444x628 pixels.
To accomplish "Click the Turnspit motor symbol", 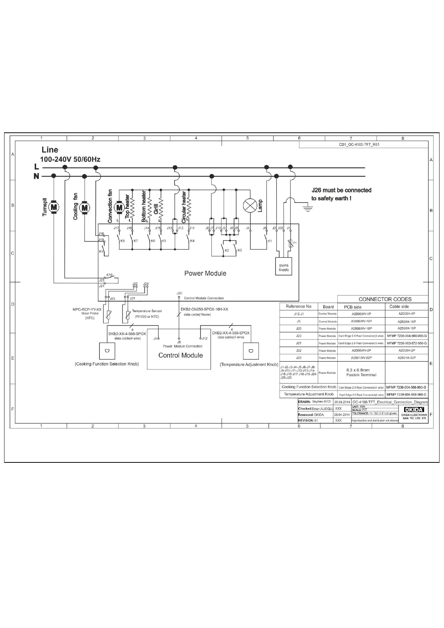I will pos(54,207).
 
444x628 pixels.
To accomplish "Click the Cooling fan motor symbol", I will pos(85,207).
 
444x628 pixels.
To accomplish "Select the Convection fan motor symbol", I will pos(119,207).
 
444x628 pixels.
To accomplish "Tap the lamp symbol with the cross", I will pos(249,205).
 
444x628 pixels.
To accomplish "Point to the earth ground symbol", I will pos(308,207).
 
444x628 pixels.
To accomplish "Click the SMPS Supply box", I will pos(284,267).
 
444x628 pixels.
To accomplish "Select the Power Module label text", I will pos(205,273).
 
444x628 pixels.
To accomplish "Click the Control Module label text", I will pos(180,355).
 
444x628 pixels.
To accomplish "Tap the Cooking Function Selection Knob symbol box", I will pos(107,350).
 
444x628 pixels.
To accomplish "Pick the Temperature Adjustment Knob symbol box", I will pos(250,351).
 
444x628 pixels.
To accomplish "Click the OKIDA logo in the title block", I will pos(412,410).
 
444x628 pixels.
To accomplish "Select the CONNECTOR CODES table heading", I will pos(385,299).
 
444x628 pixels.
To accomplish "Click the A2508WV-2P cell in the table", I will pos(361,351).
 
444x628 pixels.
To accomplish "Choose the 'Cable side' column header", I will pos(399,307).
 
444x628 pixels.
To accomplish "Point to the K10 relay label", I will pos(109,275).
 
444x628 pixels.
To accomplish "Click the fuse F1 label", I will pos(295,243).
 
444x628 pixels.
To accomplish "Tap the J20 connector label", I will pos(179,293).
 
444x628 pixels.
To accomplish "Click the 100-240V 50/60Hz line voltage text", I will pos(70,159).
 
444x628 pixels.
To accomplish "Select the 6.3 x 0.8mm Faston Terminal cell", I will pos(361,373).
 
